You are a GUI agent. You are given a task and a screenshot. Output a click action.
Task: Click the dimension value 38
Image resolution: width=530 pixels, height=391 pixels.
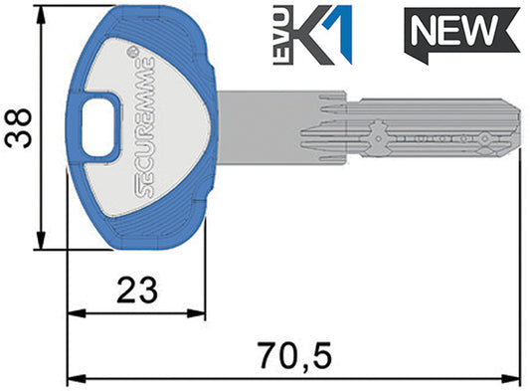coord(19,128)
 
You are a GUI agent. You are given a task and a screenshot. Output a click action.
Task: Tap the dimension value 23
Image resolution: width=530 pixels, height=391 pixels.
coord(137,290)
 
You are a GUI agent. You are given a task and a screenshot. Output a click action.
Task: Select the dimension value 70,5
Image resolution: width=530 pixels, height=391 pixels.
coord(295,355)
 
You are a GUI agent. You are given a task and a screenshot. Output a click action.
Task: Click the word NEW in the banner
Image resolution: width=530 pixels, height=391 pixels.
coord(454,31)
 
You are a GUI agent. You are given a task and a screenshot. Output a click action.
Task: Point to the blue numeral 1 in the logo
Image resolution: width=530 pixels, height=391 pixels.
coord(341,34)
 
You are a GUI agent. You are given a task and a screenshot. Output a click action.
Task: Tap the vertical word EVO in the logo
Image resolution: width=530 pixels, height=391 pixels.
coord(281,36)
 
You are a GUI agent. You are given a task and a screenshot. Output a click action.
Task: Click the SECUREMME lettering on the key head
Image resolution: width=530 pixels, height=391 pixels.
coord(145,127)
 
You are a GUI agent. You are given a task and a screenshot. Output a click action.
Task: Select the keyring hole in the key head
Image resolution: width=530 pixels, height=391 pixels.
coord(97,129)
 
